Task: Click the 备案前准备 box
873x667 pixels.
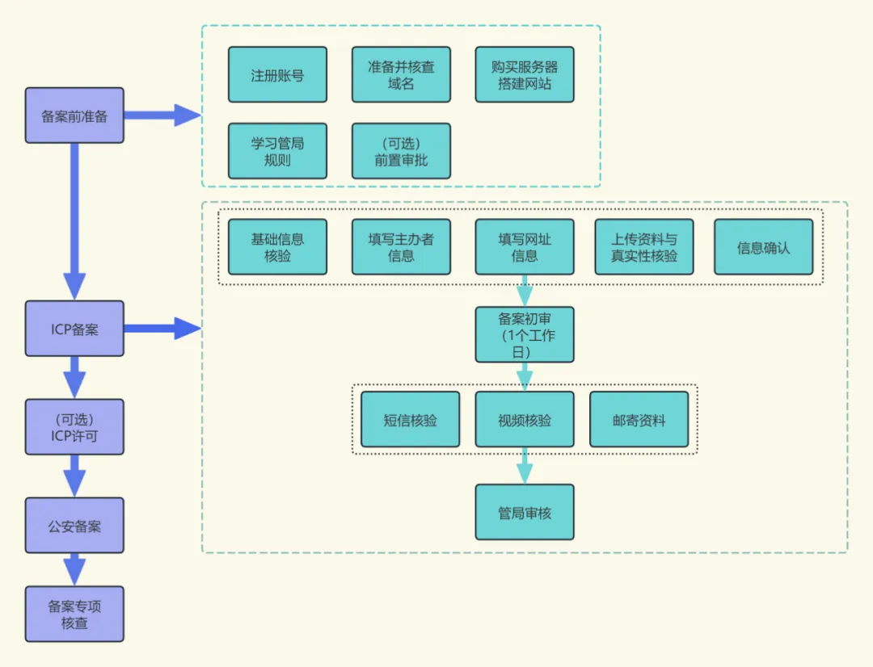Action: pos(74,115)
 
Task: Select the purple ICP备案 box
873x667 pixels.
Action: pos(74,329)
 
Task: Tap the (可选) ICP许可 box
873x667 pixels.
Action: pos(74,427)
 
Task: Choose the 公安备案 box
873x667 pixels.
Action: pos(74,526)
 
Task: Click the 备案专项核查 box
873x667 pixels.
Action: pos(74,615)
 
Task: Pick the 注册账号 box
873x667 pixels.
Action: pos(277,75)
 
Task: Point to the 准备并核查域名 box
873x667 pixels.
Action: pos(401,75)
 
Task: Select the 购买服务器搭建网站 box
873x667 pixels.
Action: pos(525,75)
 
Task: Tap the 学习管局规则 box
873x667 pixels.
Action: pos(277,151)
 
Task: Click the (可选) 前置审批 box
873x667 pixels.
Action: pos(401,151)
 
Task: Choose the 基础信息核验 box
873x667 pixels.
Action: pos(277,247)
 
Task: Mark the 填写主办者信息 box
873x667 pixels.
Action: pos(401,247)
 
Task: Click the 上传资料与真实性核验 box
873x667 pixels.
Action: pos(644,247)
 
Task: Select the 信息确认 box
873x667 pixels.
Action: pos(763,247)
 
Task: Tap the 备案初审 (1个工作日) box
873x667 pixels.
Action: pos(525,334)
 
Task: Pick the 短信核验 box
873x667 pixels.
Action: pos(410,420)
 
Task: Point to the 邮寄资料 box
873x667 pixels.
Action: pos(639,420)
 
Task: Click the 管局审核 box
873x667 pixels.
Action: pos(525,512)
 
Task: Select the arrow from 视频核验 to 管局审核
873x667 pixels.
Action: pos(525,466)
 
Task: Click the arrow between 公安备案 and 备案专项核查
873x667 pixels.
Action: pos(74,569)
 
